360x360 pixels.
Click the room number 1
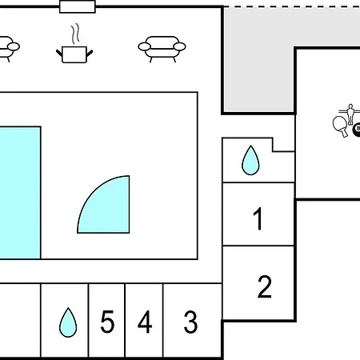[258, 218]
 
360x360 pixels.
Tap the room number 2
[265, 286]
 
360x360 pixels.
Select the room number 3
[190, 322]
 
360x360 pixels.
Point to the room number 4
[145, 322]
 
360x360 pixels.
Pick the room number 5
[107, 322]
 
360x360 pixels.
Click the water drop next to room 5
[68, 322]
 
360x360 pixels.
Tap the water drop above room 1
[250, 161]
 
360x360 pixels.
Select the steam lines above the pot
[75, 34]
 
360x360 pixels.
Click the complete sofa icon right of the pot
[162, 49]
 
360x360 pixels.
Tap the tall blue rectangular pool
[20, 193]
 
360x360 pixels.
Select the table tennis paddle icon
[340, 126]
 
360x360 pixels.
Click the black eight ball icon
[357, 130]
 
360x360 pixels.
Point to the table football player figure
[350, 114]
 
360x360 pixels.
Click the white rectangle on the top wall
[78, 6]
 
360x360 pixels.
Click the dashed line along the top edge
[292, 6]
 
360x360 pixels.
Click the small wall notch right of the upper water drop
[283, 145]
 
